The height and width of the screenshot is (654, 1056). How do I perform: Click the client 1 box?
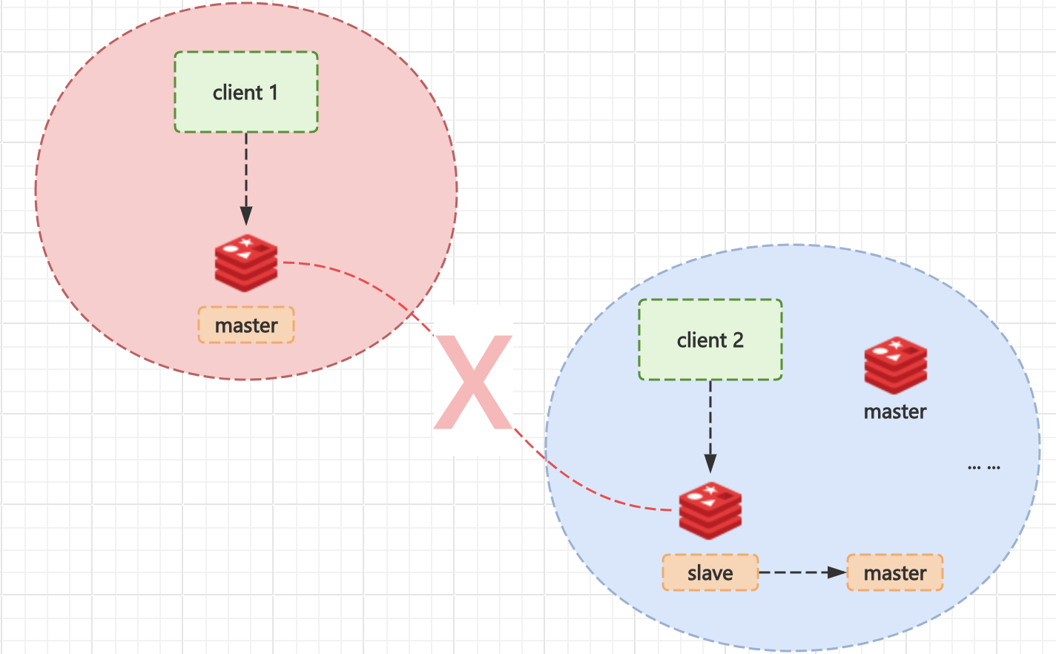(246, 93)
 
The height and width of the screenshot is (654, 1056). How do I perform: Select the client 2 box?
(710, 340)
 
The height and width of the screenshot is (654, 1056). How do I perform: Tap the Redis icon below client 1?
(246, 262)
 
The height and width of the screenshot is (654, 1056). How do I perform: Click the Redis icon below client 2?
(710, 510)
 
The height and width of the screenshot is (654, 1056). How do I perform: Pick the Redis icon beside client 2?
(895, 365)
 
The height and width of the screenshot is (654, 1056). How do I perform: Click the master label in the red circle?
(246, 326)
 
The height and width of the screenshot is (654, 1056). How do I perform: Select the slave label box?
(710, 573)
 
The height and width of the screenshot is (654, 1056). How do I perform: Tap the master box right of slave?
(895, 573)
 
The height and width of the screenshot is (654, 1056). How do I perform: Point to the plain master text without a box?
(895, 412)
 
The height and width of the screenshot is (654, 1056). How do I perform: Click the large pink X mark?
(473, 383)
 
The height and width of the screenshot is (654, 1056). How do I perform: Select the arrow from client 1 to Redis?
(246, 174)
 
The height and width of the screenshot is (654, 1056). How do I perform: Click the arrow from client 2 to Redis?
(710, 423)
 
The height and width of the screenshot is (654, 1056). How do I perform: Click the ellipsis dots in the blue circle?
(984, 468)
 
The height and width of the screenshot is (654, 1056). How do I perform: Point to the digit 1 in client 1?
(273, 93)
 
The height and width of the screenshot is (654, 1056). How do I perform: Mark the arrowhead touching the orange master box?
(837, 573)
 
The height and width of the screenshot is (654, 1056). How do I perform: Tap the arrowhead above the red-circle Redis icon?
(246, 216)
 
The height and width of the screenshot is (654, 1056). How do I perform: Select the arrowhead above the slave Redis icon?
(710, 463)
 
